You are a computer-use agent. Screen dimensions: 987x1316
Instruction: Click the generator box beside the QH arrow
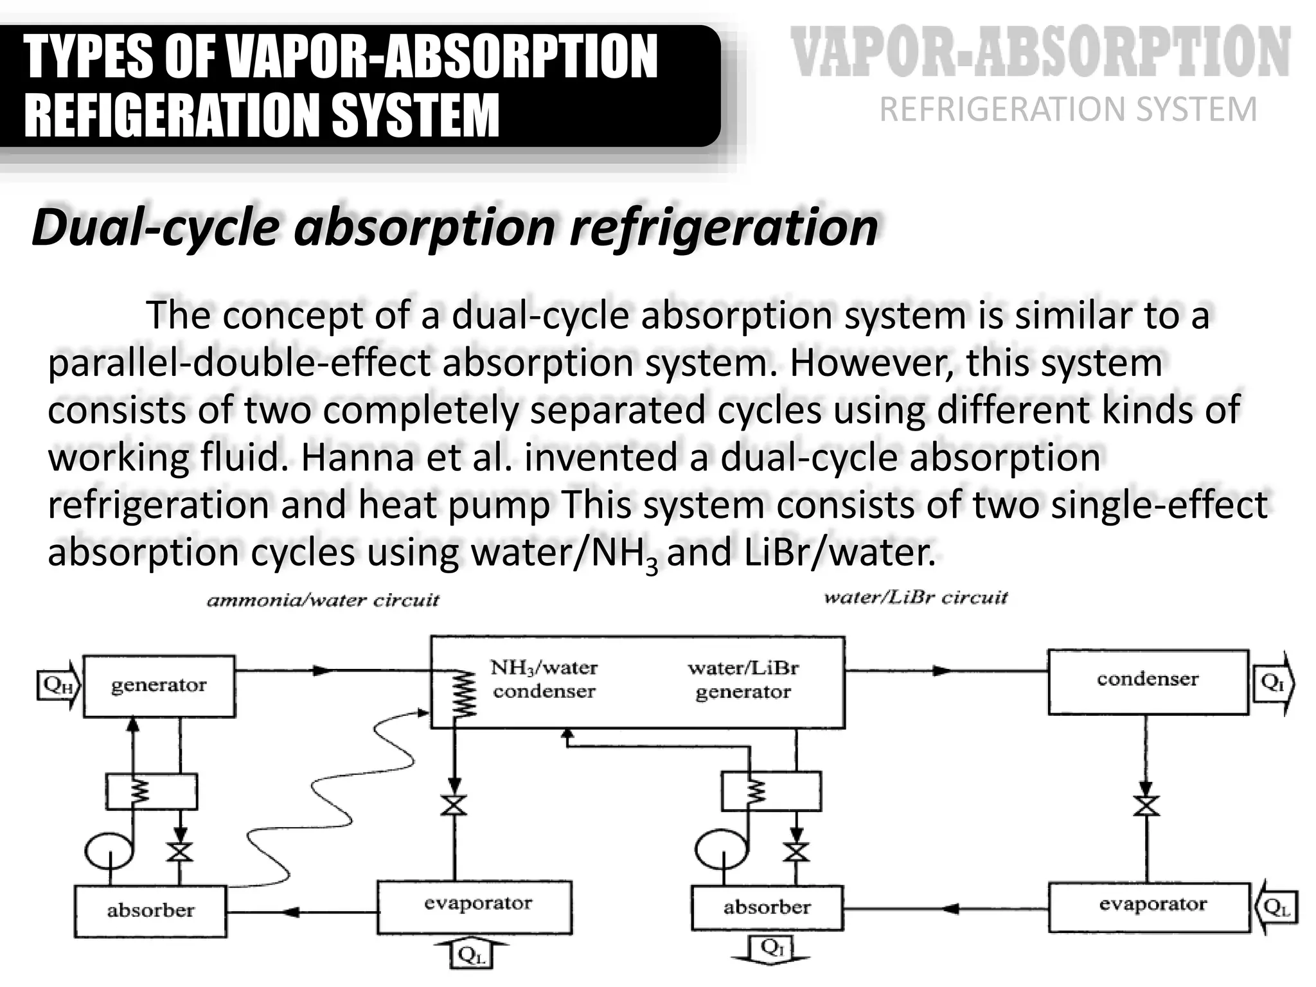(x=159, y=686)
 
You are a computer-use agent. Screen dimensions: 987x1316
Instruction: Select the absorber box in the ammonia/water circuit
(x=150, y=911)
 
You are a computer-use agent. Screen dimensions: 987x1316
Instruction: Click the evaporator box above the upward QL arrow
(x=474, y=907)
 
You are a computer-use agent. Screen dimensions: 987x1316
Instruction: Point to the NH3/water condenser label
(x=544, y=680)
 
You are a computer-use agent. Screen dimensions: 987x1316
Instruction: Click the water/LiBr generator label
(x=743, y=680)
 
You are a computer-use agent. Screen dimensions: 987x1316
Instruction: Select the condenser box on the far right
(x=1148, y=681)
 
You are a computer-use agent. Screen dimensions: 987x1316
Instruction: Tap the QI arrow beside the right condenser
(x=1274, y=682)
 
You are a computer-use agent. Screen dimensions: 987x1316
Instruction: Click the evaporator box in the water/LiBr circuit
(x=1150, y=907)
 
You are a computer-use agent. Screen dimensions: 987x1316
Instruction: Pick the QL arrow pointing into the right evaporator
(x=1276, y=907)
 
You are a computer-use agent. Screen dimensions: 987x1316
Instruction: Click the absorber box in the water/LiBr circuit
(x=767, y=907)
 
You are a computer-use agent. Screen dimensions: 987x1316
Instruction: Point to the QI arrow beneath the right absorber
(x=771, y=948)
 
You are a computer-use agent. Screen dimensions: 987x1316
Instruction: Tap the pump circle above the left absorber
(x=108, y=849)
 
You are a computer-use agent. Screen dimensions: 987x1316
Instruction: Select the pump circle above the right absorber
(x=720, y=849)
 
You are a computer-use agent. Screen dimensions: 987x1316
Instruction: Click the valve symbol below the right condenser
(x=1146, y=805)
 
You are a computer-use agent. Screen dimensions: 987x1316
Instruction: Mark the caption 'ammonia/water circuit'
(x=323, y=601)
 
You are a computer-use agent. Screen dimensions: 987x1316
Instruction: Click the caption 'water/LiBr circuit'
(x=916, y=598)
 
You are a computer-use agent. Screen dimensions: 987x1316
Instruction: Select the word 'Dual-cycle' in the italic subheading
(x=155, y=227)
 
